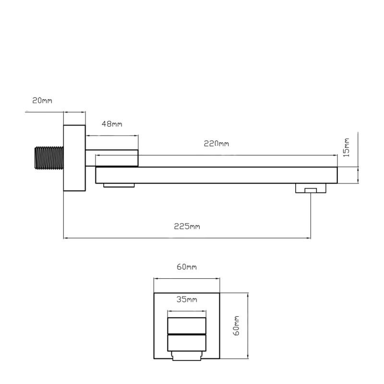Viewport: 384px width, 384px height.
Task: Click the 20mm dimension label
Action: tap(42, 100)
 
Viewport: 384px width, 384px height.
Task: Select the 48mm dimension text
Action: tap(112, 124)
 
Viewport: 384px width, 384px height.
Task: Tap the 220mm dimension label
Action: tap(216, 144)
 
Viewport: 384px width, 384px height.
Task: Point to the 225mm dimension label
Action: tap(187, 226)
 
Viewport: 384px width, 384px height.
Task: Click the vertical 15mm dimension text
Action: tap(346, 147)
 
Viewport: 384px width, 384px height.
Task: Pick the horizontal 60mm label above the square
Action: tap(187, 267)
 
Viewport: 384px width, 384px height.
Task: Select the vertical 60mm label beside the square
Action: tap(236, 326)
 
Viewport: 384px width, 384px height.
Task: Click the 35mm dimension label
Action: tap(187, 299)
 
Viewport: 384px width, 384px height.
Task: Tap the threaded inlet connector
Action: tap(49, 158)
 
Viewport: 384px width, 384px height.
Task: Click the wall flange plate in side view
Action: tap(74, 158)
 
